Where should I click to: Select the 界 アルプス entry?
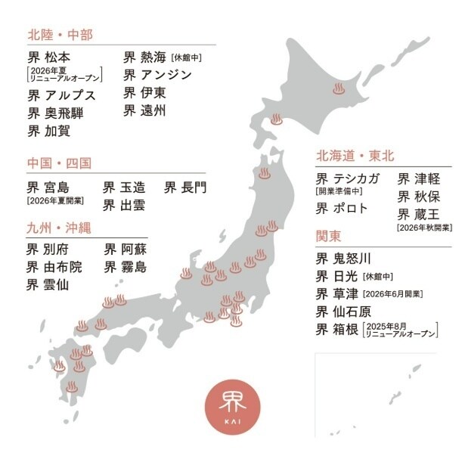61,95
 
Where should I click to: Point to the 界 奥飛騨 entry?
55,113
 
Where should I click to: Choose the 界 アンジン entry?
157,75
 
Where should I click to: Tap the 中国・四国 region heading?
59,163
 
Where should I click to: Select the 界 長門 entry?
185,186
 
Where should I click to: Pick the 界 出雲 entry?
124,204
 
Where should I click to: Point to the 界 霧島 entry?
125,267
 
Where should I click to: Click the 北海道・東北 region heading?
354,156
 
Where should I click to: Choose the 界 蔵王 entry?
419,215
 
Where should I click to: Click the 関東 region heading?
327,236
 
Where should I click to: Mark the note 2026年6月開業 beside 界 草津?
392,294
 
